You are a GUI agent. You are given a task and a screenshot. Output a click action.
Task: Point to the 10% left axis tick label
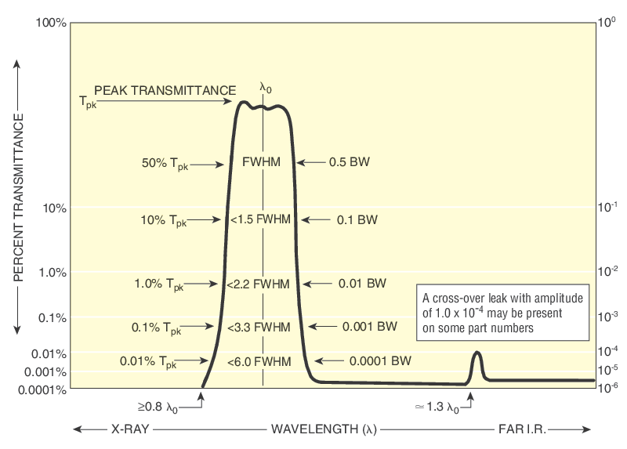(53, 208)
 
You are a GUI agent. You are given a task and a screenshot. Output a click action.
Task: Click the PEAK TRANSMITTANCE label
(165, 90)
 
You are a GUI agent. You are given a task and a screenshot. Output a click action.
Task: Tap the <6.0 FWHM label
(259, 361)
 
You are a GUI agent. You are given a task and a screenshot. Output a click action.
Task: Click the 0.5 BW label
(350, 163)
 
